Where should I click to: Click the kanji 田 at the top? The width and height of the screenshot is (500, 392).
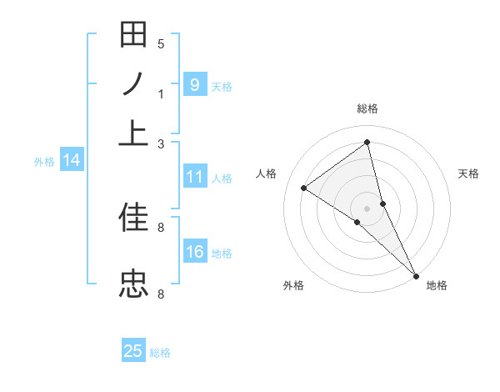coord(134,37)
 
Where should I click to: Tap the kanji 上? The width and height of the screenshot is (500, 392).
coord(134,133)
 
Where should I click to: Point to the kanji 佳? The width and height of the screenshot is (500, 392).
coord(134,219)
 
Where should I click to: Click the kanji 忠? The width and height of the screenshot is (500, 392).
coord(134,283)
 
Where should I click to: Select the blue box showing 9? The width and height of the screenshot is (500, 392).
coord(194,84)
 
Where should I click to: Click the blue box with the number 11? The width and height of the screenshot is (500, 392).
coord(194,177)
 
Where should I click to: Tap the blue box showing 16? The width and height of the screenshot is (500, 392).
coord(194,252)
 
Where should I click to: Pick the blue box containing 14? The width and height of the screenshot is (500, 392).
coord(72,160)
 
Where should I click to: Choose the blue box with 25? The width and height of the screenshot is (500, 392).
coord(133,351)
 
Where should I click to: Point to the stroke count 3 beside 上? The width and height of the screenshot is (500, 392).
coord(161,144)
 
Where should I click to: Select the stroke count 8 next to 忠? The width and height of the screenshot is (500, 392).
coord(161,294)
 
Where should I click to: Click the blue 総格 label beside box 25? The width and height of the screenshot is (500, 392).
coord(160,353)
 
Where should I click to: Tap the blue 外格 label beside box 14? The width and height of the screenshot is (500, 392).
coord(44,162)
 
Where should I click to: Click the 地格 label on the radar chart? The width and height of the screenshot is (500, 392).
coord(437,285)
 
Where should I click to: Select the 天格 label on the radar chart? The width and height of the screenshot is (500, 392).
coord(469,173)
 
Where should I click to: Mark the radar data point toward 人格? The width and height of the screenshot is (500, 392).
coord(304,188)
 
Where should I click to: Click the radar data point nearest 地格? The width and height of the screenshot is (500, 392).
coord(415,274)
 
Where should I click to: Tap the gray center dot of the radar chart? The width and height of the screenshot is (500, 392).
coord(367,208)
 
